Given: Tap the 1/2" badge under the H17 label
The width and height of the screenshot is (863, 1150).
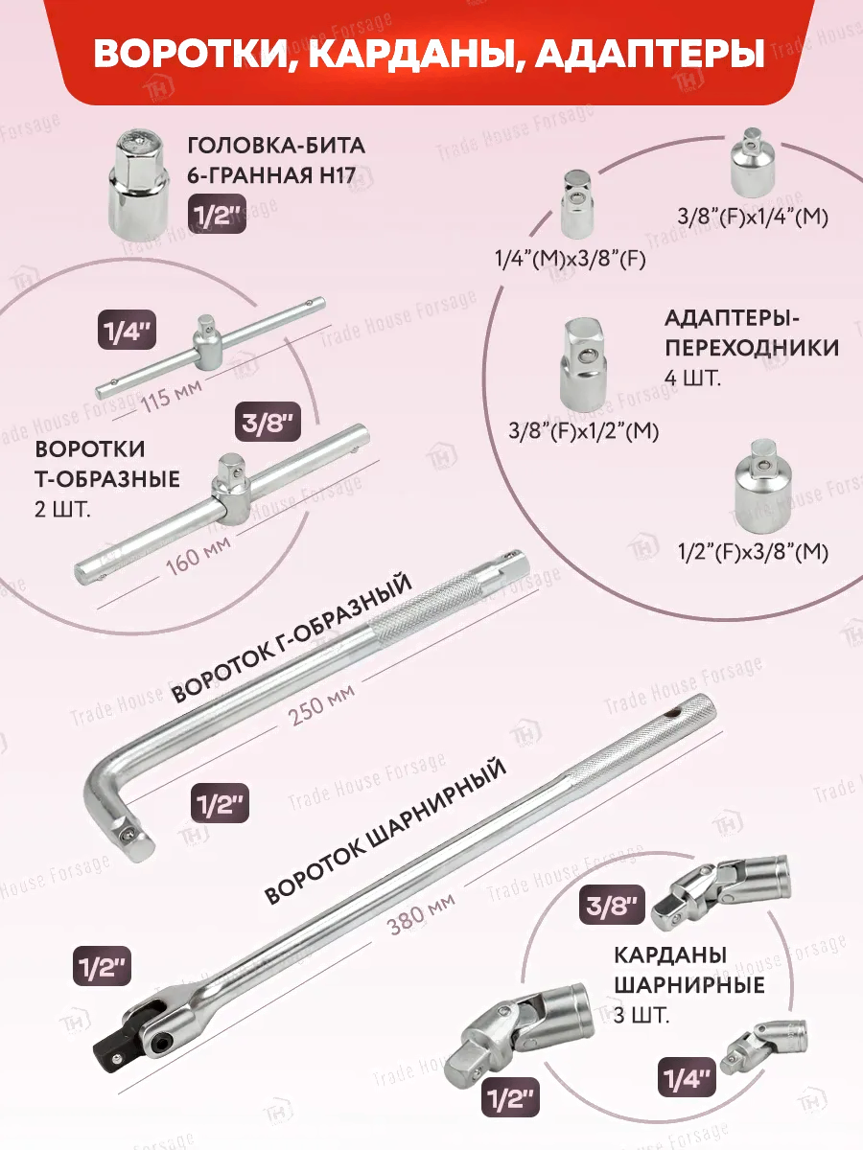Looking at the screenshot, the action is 217,214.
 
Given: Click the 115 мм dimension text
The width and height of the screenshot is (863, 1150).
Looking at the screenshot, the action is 172,397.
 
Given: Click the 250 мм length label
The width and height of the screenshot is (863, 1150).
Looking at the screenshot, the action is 321,702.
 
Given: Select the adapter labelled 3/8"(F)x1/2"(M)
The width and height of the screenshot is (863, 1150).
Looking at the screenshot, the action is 583,363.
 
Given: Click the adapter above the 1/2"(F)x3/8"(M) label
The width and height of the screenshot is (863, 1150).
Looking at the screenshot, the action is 762,484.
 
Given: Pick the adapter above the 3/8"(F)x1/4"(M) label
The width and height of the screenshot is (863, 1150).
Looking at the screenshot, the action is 753,162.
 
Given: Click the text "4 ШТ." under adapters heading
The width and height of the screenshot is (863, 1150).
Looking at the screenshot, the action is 692,378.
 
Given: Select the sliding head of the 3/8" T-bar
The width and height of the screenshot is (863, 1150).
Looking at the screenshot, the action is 230,490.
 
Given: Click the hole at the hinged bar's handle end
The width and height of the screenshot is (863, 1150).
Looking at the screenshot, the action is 676,713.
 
